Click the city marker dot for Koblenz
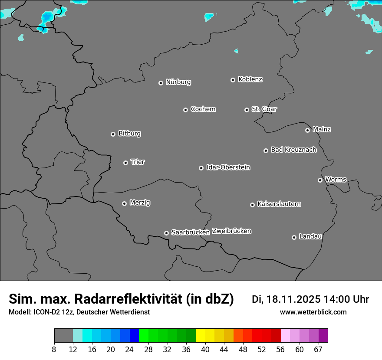233,80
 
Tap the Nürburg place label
178,82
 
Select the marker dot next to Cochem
185,110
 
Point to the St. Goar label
264,109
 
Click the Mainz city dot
307,130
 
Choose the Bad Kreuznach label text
293,150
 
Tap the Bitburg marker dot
113,134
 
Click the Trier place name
138,162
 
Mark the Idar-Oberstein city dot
201,168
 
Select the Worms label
336,179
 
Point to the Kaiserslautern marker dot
252,205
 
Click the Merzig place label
140,203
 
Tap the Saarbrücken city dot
166,233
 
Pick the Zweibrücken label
231,231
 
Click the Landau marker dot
294,237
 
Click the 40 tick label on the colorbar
205,350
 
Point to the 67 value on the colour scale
318,350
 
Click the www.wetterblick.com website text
313,312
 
